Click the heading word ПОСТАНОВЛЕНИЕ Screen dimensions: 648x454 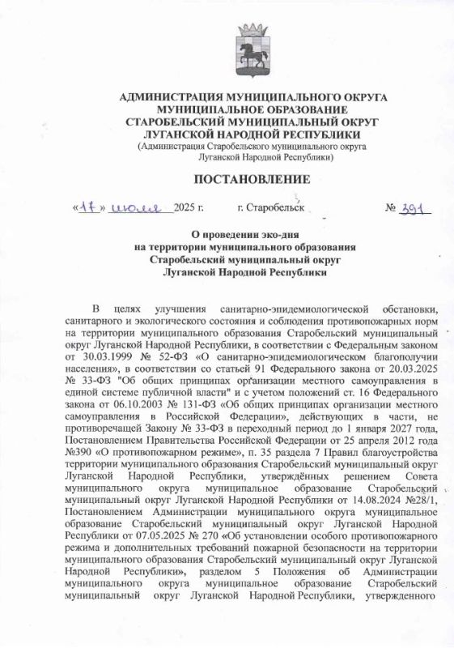click(x=252, y=179)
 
